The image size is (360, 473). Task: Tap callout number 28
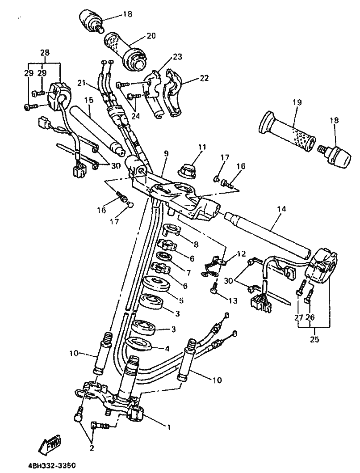(x=45, y=52)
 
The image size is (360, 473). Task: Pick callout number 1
(x=169, y=427)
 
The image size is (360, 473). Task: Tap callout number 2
(x=92, y=448)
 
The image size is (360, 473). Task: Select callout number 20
(x=151, y=36)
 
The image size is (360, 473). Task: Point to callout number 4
(x=167, y=349)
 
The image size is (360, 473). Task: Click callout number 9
(x=166, y=153)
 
